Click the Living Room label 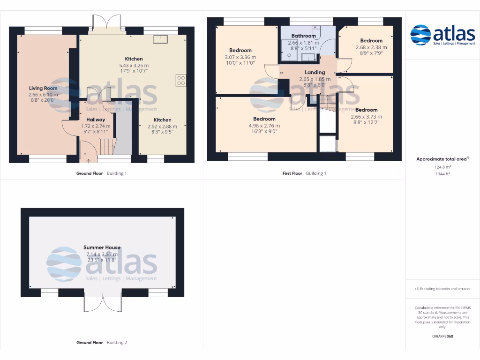click(x=43, y=88)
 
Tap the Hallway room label click(x=96, y=120)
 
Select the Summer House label click(x=102, y=247)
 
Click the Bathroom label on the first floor click(x=303, y=36)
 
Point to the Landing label click(x=315, y=72)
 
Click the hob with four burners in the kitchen click(x=181, y=80)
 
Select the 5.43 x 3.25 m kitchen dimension click(x=134, y=66)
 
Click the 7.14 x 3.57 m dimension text click(x=102, y=255)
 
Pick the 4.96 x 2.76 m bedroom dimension click(x=264, y=126)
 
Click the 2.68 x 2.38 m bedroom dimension click(x=371, y=47)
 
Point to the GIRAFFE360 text click(x=442, y=336)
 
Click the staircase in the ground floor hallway click(x=107, y=145)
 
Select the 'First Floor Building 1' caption click(x=304, y=173)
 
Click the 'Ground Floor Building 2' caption click(x=102, y=343)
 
